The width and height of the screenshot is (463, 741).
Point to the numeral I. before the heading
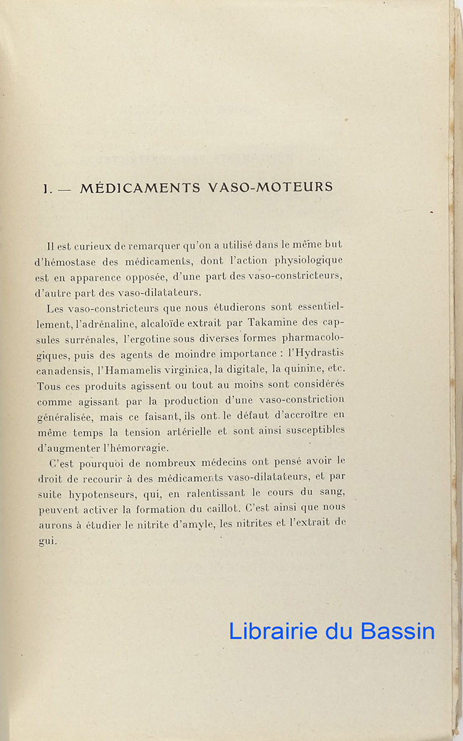coord(47,189)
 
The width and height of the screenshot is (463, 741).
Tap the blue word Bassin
coord(398,631)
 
